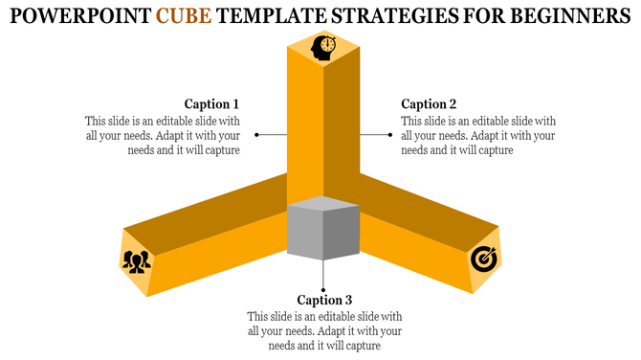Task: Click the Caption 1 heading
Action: coord(211,103)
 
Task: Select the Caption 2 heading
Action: coord(429,103)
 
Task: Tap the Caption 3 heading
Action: coord(324,300)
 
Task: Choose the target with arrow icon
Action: coord(482,259)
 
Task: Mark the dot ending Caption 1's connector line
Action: coord(257,135)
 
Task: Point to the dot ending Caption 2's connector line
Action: coord(390,135)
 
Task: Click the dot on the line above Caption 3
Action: coord(324,287)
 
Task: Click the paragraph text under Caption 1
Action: coord(162,135)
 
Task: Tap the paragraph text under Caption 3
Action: coord(324,331)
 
